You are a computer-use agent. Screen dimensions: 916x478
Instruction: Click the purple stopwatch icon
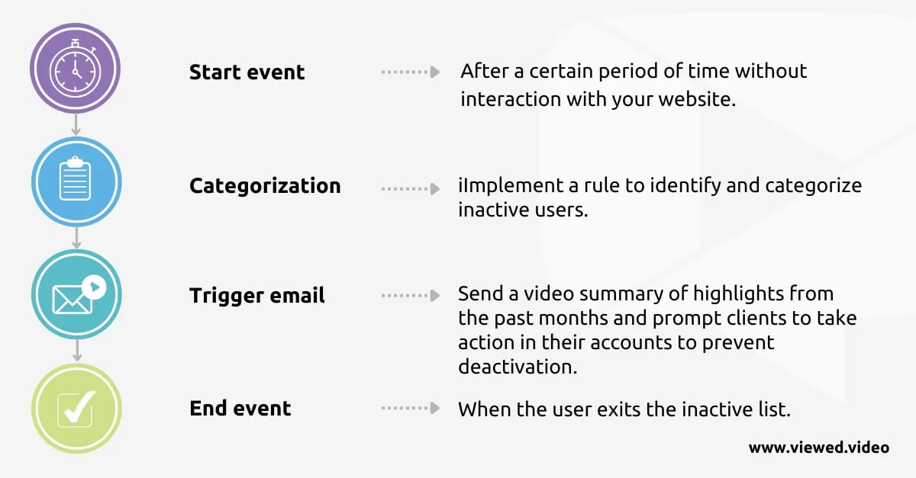coord(76,68)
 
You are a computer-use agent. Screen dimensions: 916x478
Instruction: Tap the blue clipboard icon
coord(76,181)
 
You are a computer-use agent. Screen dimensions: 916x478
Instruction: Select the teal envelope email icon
coord(76,294)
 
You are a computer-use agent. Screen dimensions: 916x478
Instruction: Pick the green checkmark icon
coord(76,408)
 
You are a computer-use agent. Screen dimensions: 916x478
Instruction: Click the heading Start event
coord(247,72)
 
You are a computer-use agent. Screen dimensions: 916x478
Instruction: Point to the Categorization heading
coord(265,186)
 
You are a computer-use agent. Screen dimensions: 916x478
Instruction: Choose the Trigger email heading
coord(256,295)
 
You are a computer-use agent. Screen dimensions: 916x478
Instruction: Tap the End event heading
coord(240,408)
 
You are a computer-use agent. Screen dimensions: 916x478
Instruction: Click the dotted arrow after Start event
coord(411,72)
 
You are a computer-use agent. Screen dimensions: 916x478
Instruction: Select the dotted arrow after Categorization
coord(411,189)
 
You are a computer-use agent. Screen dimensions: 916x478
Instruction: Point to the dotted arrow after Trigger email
coord(411,295)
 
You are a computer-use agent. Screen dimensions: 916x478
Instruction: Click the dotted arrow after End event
coord(411,408)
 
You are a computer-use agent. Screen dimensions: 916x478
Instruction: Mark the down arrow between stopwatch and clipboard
coord(76,124)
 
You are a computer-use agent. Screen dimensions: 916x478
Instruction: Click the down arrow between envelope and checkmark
coord(77,350)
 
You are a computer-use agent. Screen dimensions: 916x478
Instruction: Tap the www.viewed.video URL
coord(818,448)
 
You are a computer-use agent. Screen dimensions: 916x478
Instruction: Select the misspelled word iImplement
coord(511,186)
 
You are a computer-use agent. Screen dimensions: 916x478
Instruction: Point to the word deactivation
coord(518,367)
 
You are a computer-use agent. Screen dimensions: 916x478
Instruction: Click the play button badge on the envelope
coord(94,287)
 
